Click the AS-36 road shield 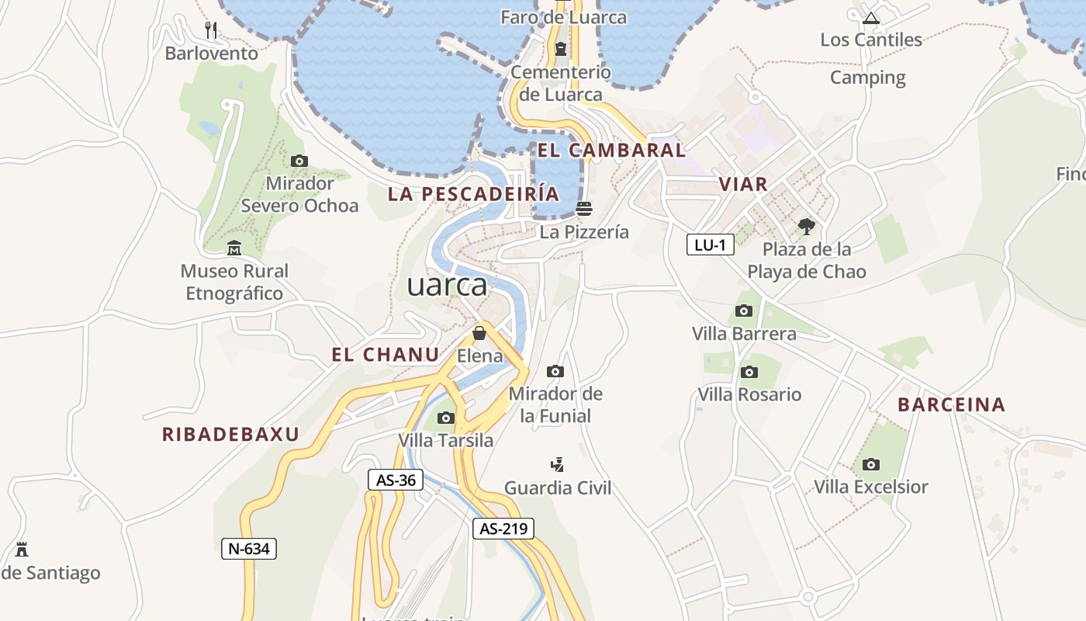(396, 480)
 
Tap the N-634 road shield (248, 549)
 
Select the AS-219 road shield (503, 529)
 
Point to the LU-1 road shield (710, 245)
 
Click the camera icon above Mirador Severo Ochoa (299, 161)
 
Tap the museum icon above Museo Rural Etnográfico (234, 248)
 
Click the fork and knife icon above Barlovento (211, 30)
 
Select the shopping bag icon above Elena (479, 333)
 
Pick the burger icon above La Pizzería (584, 208)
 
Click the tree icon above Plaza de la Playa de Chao (807, 227)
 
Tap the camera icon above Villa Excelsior (871, 464)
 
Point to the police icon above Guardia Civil (557, 465)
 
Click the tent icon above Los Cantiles (871, 17)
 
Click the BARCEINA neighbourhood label (951, 404)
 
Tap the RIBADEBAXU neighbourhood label (230, 435)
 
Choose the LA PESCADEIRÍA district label (473, 194)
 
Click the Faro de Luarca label (563, 16)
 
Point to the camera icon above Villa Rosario (749, 372)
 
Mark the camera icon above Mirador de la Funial (555, 371)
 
